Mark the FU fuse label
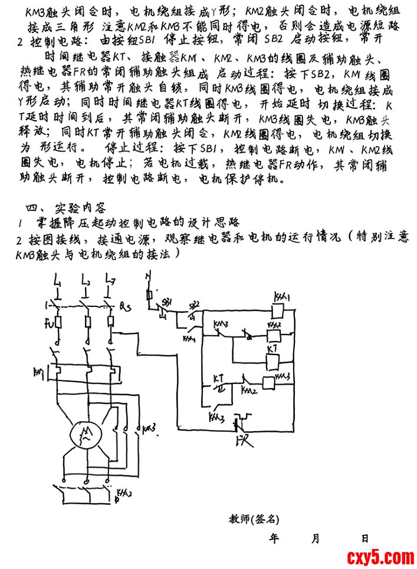tap(50, 323)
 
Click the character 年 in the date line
tap(274, 538)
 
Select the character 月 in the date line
tap(316, 538)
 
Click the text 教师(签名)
tap(254, 519)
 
